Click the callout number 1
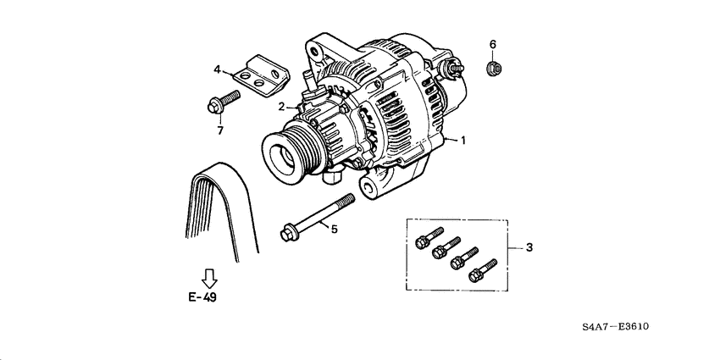[464, 141]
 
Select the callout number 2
[281, 106]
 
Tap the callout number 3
[529, 247]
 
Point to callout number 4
[217, 69]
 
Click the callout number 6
[492, 43]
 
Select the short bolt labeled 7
[223, 102]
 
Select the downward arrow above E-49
[209, 277]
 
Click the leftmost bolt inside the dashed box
[428, 238]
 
